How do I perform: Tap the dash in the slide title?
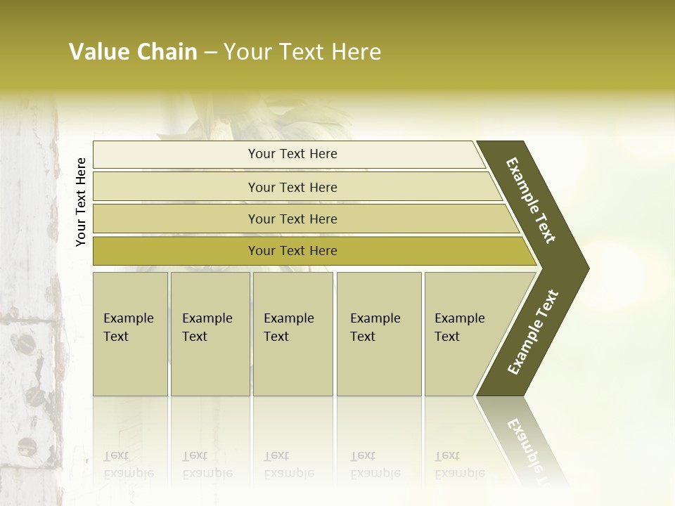click(210, 53)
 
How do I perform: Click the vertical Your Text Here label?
click(81, 202)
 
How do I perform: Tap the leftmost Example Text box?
click(130, 334)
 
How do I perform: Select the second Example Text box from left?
click(210, 334)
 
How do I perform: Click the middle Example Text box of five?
click(292, 334)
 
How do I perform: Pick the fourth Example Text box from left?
click(378, 334)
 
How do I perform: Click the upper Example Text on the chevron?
click(531, 200)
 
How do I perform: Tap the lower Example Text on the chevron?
click(532, 332)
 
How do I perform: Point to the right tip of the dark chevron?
click(587, 268)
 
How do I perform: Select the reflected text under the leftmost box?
click(128, 465)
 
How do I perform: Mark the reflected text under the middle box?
click(288, 465)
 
